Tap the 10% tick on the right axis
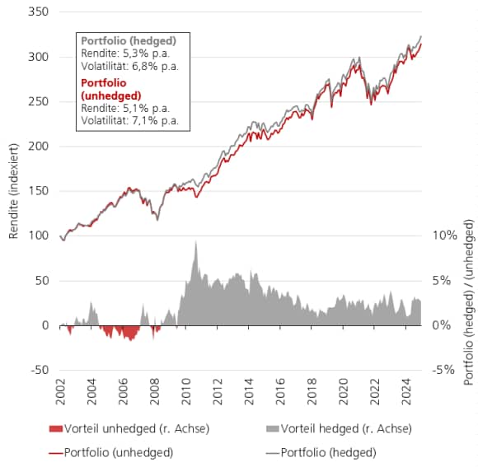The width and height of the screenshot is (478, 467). [444, 236]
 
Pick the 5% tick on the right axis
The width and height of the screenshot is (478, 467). [445, 280]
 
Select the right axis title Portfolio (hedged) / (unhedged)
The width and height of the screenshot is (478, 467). [468, 302]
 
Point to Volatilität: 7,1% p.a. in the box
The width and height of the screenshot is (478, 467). [129, 121]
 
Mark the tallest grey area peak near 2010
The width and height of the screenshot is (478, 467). [195, 242]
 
